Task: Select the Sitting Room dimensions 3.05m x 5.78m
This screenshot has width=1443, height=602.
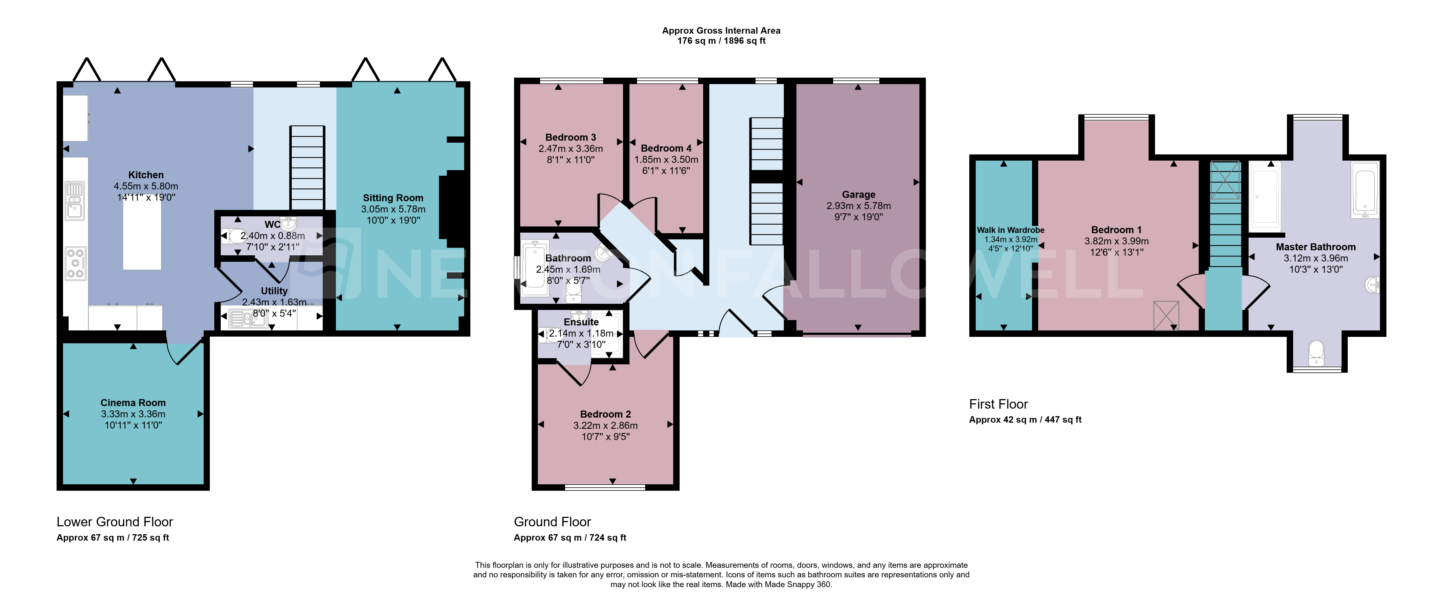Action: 393,209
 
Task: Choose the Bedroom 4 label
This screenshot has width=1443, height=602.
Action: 666,148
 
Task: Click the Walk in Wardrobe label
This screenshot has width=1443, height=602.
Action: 1010,230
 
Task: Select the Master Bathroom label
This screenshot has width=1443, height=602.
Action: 1316,247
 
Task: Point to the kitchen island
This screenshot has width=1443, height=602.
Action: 142,236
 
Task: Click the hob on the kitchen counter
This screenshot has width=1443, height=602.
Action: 75,263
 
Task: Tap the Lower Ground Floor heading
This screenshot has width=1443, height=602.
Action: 115,522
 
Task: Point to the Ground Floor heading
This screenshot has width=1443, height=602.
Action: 552,522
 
